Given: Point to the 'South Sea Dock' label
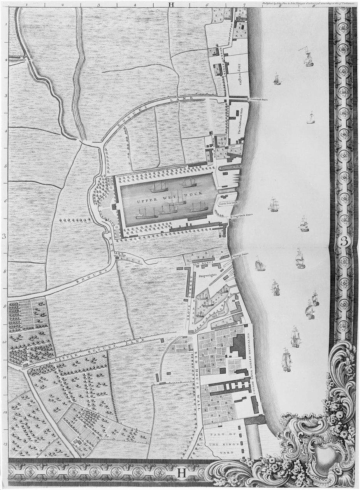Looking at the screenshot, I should pos(227,203).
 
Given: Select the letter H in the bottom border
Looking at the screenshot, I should pos(182,473).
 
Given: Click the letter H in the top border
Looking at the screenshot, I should pos(171,5).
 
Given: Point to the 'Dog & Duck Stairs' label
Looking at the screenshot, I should pos(242,214).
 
